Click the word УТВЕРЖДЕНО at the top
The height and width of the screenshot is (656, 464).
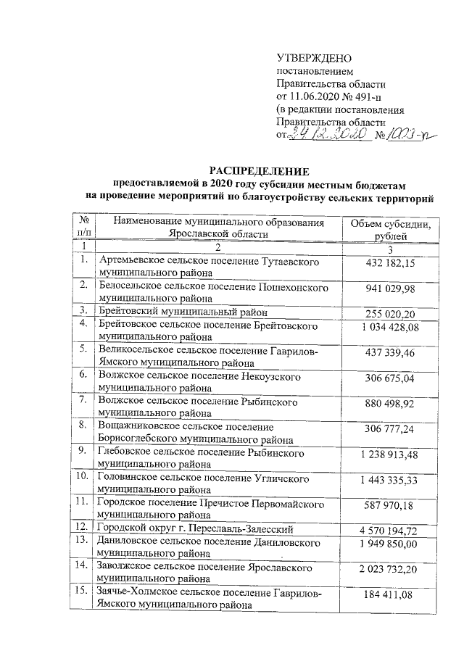click(314, 57)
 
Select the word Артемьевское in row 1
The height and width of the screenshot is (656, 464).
click(131, 259)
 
